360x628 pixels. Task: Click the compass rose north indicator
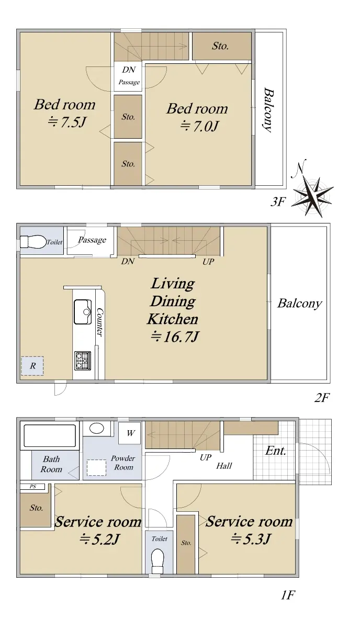click(x=312, y=193)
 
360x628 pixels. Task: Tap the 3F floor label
click(x=278, y=201)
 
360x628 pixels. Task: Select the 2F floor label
click(x=322, y=397)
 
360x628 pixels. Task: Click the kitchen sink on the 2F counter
click(x=83, y=312)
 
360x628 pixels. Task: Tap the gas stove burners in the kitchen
click(x=83, y=361)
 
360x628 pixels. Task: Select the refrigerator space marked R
click(x=32, y=366)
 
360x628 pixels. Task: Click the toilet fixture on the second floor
click(x=33, y=242)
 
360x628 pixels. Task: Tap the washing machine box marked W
click(x=130, y=433)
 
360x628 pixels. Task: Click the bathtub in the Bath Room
click(x=50, y=435)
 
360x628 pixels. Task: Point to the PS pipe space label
click(x=32, y=486)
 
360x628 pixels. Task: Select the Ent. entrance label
click(x=276, y=451)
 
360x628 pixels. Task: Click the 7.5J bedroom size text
click(x=66, y=122)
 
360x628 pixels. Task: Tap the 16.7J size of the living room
click(x=175, y=337)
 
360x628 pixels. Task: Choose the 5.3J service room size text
click(x=251, y=539)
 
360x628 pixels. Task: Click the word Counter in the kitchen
click(x=99, y=322)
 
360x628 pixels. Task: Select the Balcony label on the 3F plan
click(x=268, y=110)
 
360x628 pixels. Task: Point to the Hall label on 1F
click(x=224, y=466)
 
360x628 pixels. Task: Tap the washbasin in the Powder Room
click(x=97, y=428)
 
